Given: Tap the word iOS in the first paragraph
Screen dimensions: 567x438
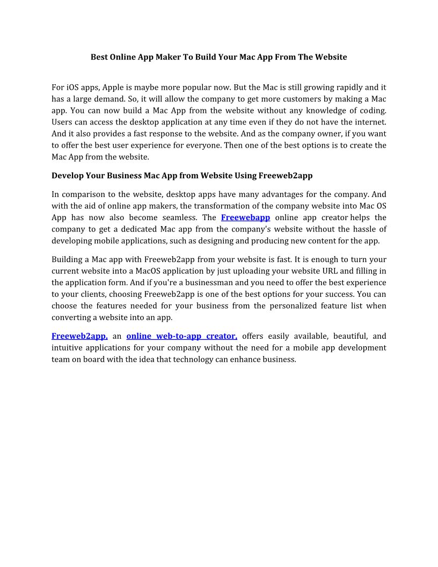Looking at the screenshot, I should tap(73, 87).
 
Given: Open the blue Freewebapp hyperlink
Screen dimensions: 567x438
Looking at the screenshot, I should tap(245, 217).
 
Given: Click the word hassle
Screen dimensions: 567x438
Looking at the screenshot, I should tap(356, 229).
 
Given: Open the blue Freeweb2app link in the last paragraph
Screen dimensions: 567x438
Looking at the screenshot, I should tap(79, 336).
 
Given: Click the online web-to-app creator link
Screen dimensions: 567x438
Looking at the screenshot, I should tap(181, 336).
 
